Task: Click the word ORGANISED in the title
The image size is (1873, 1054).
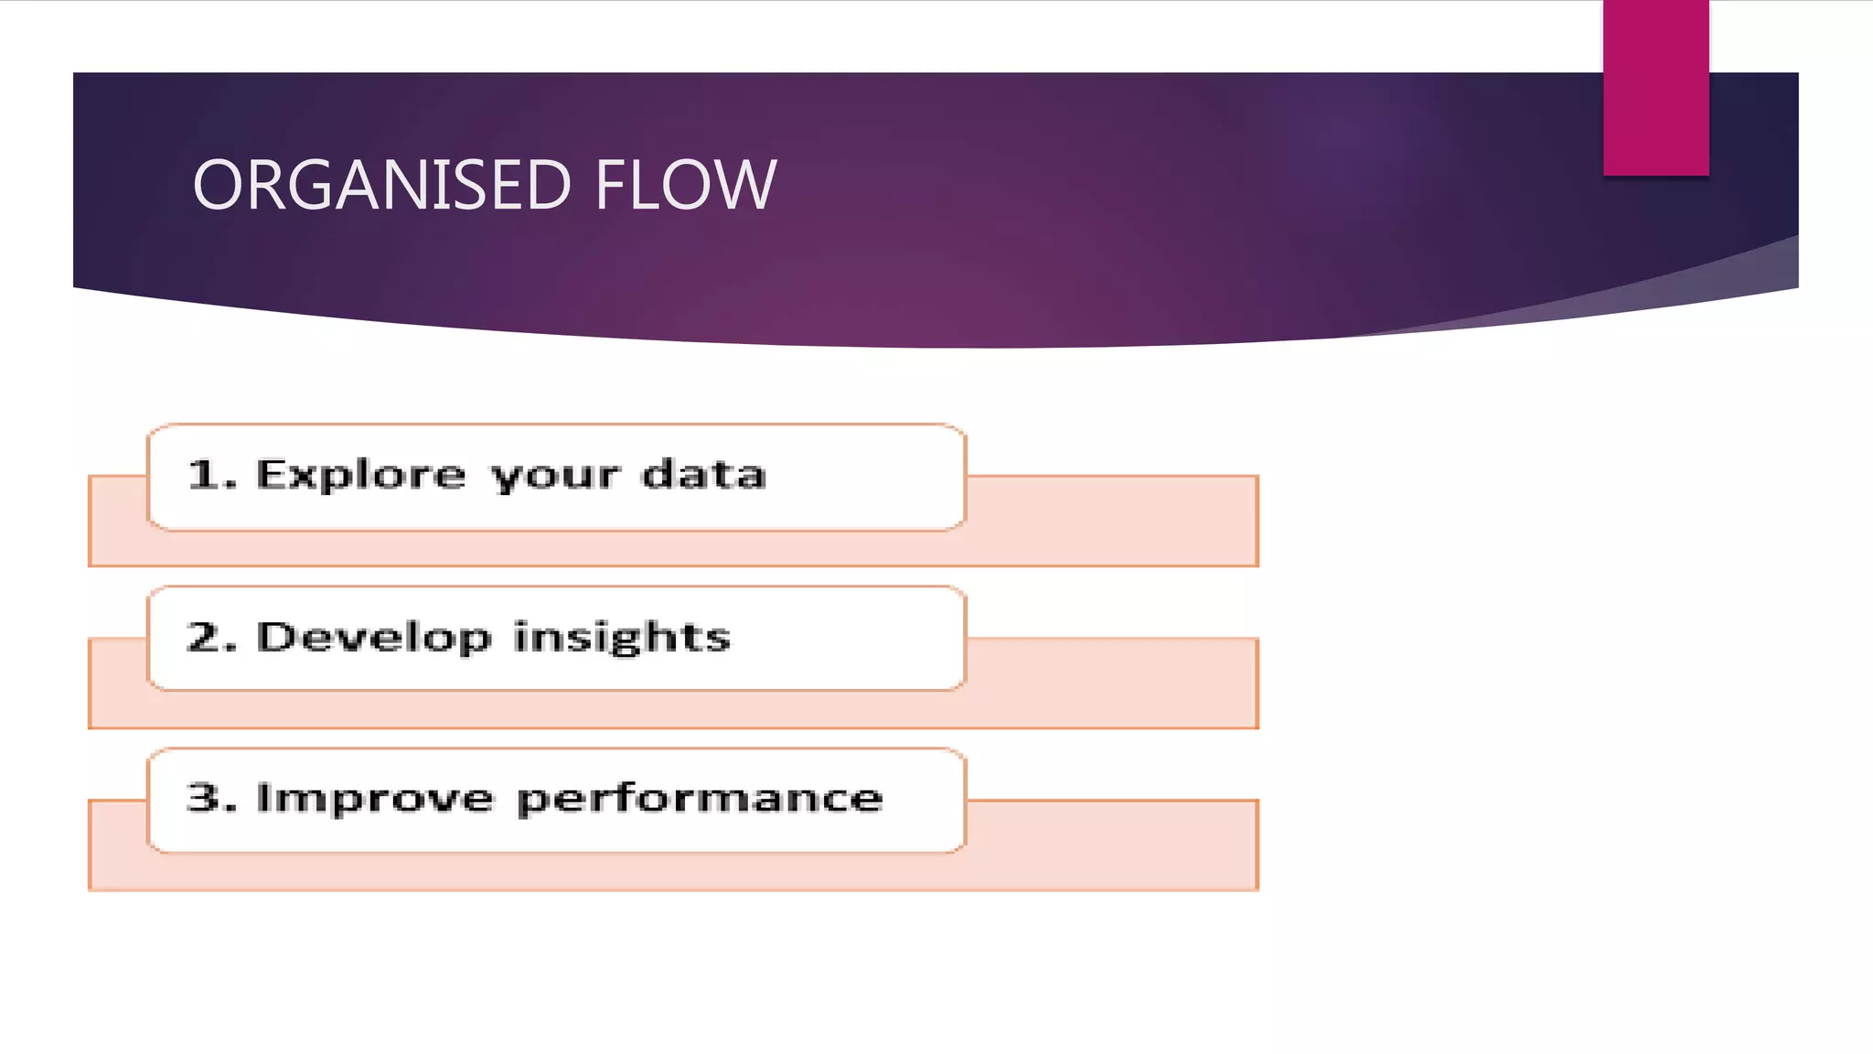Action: [382, 185]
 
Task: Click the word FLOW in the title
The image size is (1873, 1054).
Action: [686, 185]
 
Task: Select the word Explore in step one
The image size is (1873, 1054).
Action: [360, 475]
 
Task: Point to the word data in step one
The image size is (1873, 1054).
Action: [703, 474]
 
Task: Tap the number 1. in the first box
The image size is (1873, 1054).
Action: [211, 474]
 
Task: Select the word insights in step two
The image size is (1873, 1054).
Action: [622, 638]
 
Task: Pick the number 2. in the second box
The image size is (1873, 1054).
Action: [211, 637]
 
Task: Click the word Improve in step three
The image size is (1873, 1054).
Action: [375, 799]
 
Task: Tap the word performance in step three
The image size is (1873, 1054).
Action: [700, 799]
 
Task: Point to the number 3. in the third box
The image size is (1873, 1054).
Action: [211, 798]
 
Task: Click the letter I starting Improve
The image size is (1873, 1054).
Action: [263, 798]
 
